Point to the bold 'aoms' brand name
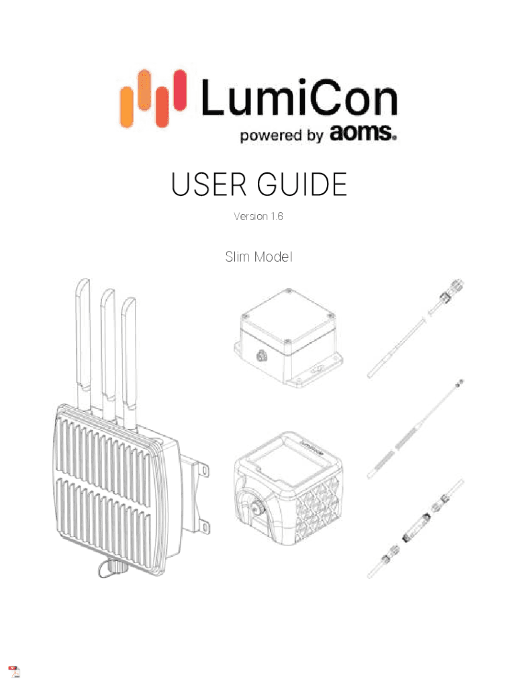[x=361, y=134]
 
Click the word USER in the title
[x=207, y=184]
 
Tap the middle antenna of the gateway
[x=107, y=349]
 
